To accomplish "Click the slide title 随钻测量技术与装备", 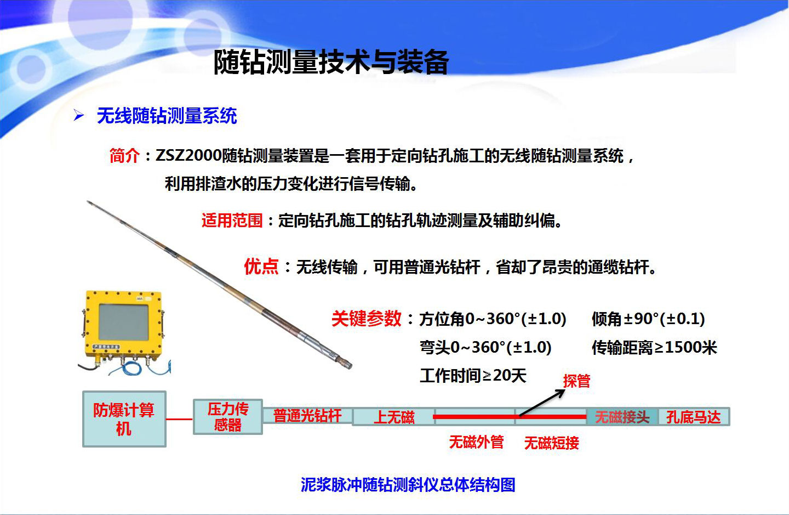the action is coord(331,62).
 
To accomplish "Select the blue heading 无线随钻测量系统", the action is coord(167,116).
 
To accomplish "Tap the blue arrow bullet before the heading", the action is coord(78,115).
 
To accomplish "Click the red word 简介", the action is coord(124,155).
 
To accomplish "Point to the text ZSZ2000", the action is coord(188,155).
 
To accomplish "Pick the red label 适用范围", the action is coord(232,220).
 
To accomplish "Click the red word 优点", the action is coord(261,266).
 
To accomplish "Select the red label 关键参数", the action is coord(367,318).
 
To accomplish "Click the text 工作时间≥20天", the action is coord(473,375).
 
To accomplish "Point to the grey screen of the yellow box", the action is coord(124,322).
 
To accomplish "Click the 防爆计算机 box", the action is coord(124,419).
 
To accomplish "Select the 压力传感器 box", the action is coord(228,417).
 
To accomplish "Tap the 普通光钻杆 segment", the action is coord(307,416).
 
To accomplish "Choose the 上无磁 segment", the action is coord(393,417).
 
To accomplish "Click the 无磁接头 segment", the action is coord(622,417).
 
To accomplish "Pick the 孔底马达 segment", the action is coord(694,417).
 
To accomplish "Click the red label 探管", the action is coord(576,381).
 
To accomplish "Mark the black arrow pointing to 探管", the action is coord(542,403).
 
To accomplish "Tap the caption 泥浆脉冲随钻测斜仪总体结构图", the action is coord(408,485).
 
